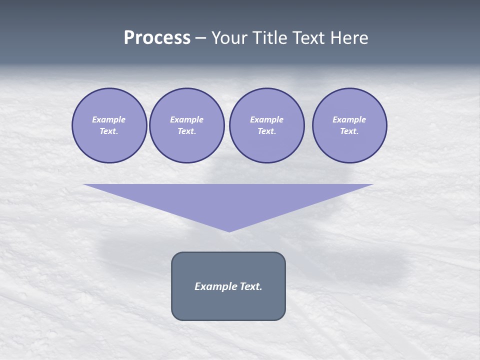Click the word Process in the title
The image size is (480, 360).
157,38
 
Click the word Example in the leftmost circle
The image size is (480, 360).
109,119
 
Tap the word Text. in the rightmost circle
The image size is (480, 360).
349,131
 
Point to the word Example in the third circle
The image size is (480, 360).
266,119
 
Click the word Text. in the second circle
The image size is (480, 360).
186,131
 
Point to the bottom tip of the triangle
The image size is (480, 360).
229,231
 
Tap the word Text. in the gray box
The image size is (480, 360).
250,286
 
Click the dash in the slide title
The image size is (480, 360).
201,38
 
